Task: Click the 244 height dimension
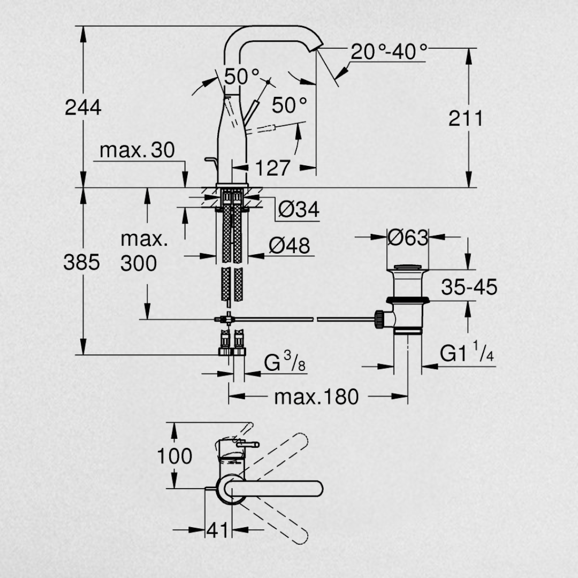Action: coord(83,108)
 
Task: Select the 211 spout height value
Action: coord(466,119)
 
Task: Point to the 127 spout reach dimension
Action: coord(272,168)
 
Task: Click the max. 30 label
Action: coord(137,150)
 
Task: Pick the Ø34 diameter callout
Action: coord(299,209)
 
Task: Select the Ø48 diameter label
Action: coord(290,246)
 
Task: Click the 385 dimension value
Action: coord(81,262)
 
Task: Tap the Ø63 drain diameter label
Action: coord(408,238)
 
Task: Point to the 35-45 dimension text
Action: coord(469,287)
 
